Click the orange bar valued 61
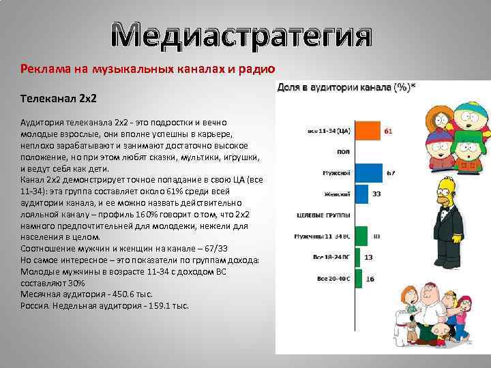[x=368, y=129]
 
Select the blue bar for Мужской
[x=369, y=173]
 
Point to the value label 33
[x=376, y=194]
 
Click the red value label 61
[x=387, y=129]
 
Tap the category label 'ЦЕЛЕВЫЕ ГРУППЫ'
[x=323, y=215]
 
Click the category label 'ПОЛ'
[x=344, y=151]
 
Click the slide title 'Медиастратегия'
[x=242, y=36]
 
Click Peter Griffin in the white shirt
[x=427, y=320]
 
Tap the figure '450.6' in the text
[x=107, y=294]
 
